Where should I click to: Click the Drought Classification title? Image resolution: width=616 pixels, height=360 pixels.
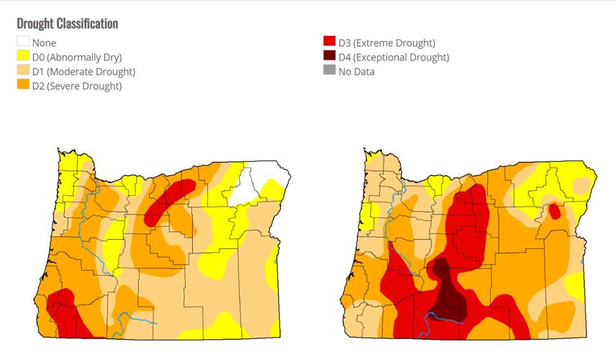point(67,24)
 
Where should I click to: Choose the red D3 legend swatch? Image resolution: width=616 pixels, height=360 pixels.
point(330,43)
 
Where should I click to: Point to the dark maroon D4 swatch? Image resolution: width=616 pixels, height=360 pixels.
point(330,58)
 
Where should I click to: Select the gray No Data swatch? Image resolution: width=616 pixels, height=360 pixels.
point(330,72)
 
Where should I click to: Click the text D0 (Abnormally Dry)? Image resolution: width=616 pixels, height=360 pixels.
point(77,58)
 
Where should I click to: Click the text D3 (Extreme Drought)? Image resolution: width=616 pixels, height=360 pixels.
point(386,43)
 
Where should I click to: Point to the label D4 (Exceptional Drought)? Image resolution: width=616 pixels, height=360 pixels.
point(394,58)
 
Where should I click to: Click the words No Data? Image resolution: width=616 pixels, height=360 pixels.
point(357,72)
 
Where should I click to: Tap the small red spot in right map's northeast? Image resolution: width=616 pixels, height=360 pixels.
point(554,212)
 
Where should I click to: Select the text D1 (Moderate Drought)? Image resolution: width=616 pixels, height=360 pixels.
point(83,72)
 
